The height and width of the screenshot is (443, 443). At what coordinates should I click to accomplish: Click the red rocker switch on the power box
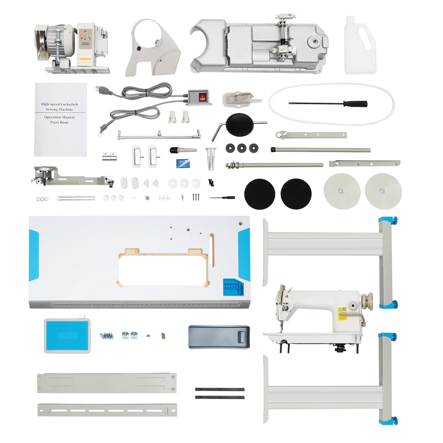click(203, 97)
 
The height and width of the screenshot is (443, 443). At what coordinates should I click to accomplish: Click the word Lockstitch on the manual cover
click(69, 104)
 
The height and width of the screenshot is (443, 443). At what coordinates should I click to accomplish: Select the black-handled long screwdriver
click(328, 104)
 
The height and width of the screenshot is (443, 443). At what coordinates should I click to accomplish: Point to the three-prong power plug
click(103, 89)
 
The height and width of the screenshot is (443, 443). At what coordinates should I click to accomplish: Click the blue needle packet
click(183, 163)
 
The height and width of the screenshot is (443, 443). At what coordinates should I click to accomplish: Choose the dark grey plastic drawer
click(219, 337)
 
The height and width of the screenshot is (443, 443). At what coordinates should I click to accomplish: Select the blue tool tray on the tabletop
click(233, 287)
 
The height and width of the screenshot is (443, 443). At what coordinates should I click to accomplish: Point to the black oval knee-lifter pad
click(239, 125)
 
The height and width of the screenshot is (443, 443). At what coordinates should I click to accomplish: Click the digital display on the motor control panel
click(85, 44)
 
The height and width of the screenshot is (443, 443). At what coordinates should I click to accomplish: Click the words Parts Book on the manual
click(59, 122)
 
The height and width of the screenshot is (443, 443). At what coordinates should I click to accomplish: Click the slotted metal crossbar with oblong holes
click(107, 410)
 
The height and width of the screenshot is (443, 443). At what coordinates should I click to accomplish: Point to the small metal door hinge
click(110, 156)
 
